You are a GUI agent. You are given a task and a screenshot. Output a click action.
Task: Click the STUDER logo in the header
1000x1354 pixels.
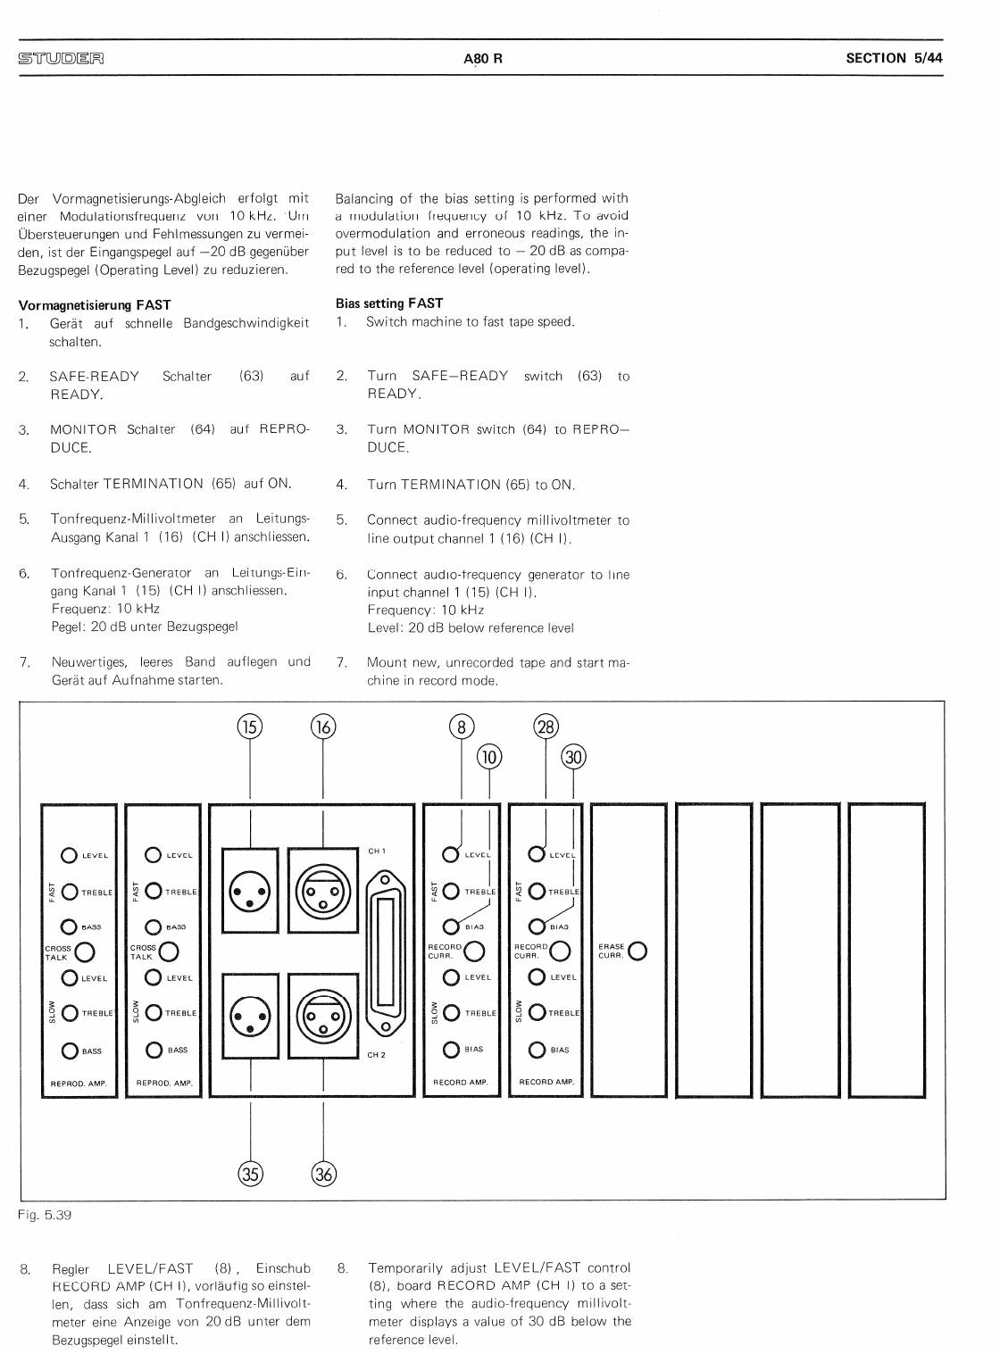[61, 59]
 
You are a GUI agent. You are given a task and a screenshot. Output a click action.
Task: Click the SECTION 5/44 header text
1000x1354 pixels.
[894, 58]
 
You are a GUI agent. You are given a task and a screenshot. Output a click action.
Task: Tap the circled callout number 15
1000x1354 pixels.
[249, 727]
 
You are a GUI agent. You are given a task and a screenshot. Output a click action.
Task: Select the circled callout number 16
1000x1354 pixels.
[322, 727]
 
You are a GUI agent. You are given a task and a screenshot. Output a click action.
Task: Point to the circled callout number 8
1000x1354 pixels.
[461, 727]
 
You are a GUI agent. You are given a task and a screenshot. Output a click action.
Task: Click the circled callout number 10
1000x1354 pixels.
[489, 757]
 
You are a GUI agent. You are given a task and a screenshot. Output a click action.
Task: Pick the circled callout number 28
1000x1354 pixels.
[545, 727]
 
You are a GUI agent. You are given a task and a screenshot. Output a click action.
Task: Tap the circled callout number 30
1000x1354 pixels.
[572, 757]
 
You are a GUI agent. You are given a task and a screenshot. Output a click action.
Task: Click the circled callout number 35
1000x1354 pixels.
[250, 1174]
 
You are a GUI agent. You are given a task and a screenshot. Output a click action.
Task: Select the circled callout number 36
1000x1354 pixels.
[323, 1174]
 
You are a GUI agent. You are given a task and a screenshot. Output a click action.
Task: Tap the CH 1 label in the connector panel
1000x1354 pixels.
[377, 851]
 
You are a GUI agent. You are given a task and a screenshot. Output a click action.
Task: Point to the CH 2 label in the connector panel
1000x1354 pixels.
[377, 1054]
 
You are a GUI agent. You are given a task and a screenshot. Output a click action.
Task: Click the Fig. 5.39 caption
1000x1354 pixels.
[45, 1214]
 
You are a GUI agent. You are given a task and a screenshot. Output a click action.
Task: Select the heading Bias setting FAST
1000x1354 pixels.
[388, 303]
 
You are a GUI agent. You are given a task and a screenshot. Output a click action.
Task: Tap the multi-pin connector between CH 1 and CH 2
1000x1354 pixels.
[386, 952]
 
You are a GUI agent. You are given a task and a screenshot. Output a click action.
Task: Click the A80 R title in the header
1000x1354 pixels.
[483, 59]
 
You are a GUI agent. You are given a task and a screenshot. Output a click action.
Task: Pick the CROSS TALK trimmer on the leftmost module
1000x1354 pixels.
[86, 952]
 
